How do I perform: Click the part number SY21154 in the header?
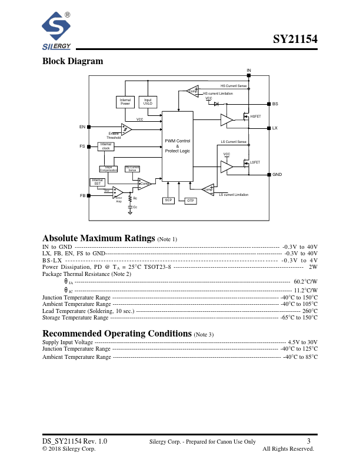[295, 40]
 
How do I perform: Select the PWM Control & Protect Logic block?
[177, 146]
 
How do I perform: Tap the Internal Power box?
[125, 102]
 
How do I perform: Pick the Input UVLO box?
[148, 102]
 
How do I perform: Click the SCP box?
[169, 201]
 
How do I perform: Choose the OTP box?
[190, 201]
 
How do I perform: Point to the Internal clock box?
[106, 147]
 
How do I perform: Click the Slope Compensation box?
[109, 169]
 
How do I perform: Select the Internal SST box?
[98, 182]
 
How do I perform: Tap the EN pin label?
[82, 127]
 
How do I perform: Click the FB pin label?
[82, 195]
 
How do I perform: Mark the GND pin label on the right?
[277, 175]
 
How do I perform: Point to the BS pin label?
[275, 104]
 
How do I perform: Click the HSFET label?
[255, 116]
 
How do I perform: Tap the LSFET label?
[255, 162]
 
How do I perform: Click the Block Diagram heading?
[72, 61]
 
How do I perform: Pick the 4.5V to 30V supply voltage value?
[302, 342]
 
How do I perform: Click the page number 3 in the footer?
[309, 441]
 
